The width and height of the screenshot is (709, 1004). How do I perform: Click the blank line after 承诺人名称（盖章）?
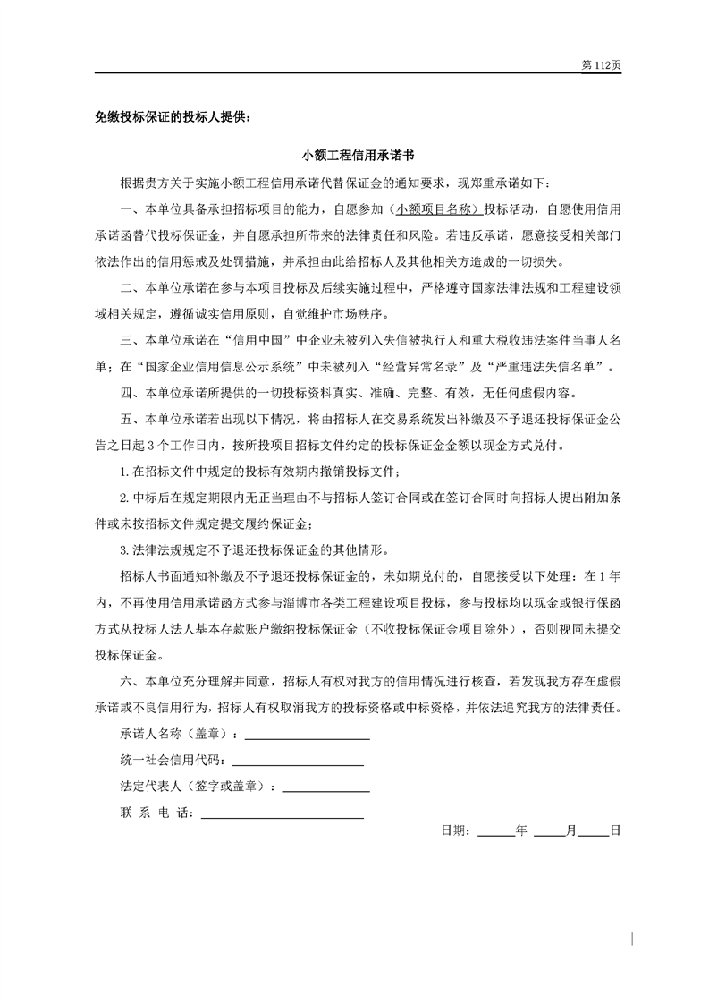coord(307,737)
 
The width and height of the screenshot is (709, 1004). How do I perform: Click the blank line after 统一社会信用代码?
coord(298,763)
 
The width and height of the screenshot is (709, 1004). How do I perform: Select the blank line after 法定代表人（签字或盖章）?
coord(325,789)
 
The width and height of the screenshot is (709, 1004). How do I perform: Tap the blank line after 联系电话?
coord(283,815)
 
